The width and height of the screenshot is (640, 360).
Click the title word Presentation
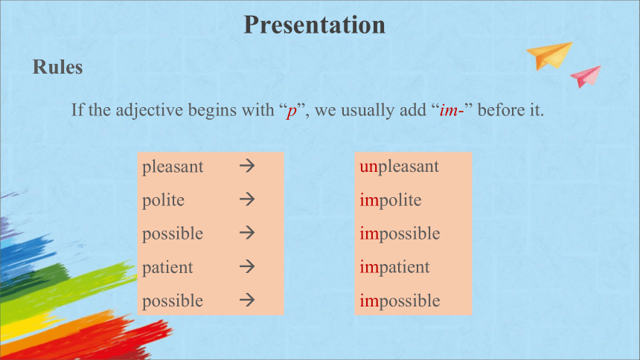(314, 25)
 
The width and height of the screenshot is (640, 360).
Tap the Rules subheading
(57, 67)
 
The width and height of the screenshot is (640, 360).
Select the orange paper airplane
(550, 55)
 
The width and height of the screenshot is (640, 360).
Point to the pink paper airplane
(586, 77)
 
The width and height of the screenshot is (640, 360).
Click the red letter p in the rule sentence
(292, 111)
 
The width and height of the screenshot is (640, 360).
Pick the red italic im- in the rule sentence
(452, 110)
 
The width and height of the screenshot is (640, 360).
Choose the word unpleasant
(399, 167)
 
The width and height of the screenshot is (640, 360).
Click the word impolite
(390, 200)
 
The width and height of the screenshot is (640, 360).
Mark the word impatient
(394, 267)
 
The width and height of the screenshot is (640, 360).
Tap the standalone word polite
(163, 200)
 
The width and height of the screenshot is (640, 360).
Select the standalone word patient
(167, 267)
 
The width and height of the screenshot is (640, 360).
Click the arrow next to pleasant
(247, 166)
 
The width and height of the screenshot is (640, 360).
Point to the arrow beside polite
(247, 199)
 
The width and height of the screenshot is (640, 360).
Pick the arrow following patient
(247, 266)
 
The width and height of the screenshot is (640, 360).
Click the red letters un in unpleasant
(369, 167)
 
